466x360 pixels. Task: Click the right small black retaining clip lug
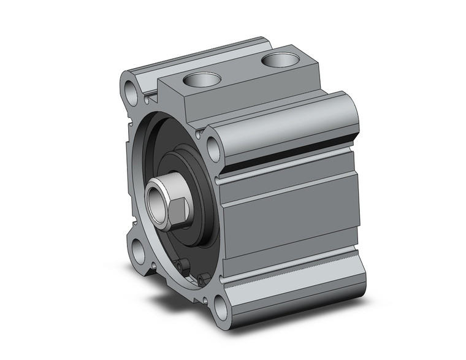pos(200,280)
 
